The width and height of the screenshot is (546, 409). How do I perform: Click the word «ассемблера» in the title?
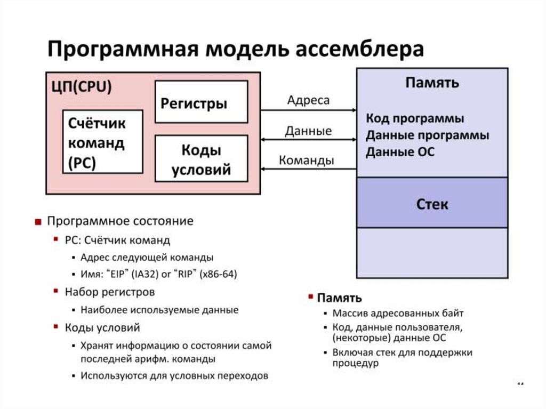(360, 50)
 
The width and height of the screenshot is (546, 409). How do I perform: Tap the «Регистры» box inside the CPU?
(201, 102)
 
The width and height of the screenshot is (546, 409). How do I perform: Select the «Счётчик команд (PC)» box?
(103, 142)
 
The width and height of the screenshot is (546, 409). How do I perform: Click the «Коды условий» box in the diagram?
(201, 158)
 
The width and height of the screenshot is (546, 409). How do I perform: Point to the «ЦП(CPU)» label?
(82, 87)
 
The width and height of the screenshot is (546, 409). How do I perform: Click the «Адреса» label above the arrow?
(308, 100)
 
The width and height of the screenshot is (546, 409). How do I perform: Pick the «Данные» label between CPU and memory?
(308, 131)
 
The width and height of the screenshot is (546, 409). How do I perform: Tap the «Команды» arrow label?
(307, 160)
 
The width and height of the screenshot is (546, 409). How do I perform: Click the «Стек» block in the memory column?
(432, 203)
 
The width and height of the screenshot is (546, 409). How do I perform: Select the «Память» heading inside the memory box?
(432, 83)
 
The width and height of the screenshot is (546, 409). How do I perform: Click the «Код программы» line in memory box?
(415, 118)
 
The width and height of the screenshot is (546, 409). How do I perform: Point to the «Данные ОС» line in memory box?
(400, 153)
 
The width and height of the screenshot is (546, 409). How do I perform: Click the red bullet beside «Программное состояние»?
(38, 222)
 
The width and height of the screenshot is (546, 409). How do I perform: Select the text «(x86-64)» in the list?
(218, 274)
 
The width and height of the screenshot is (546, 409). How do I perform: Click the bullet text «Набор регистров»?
(110, 292)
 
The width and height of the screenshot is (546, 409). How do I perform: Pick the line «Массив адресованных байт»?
(398, 313)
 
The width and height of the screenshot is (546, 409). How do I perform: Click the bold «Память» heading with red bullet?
(339, 298)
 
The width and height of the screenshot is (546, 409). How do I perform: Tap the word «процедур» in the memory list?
(355, 363)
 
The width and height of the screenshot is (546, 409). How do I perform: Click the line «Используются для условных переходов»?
(174, 375)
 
